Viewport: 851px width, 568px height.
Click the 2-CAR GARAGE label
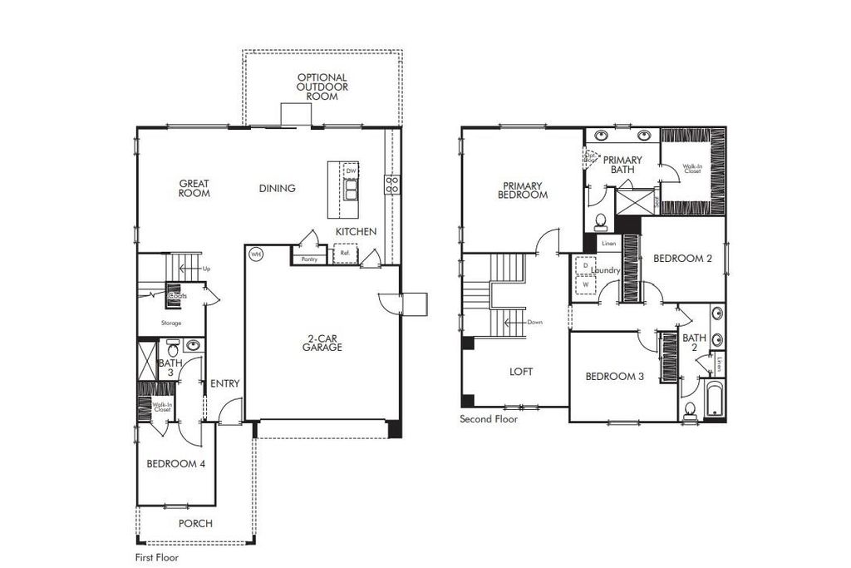tap(322, 343)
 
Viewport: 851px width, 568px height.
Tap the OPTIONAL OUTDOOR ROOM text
tap(322, 86)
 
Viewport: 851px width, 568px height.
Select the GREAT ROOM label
tap(194, 189)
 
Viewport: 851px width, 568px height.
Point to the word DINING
tap(277, 189)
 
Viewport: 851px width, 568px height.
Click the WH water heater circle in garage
tap(256, 254)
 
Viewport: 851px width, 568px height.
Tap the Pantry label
tap(309, 259)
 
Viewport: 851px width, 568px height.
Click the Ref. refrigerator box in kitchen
tap(344, 253)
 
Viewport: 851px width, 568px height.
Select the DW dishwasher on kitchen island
tap(352, 170)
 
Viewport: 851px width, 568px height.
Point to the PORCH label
tap(195, 524)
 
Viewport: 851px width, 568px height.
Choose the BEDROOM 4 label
tap(175, 464)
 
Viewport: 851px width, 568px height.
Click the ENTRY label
tap(224, 384)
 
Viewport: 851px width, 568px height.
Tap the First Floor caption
tap(156, 558)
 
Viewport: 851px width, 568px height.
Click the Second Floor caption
tap(489, 419)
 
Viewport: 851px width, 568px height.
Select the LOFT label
tap(521, 372)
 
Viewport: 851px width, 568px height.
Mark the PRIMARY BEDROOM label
tap(523, 190)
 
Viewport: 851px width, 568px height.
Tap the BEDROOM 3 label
tap(614, 377)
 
